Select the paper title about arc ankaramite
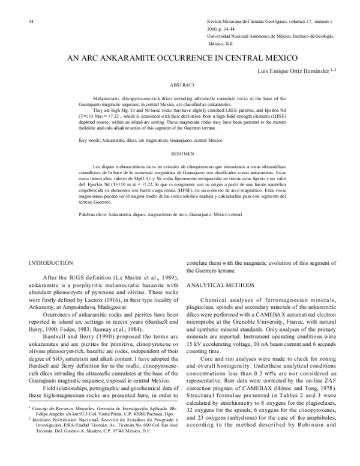(x=180, y=58)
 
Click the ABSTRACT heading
(x=180, y=85)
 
